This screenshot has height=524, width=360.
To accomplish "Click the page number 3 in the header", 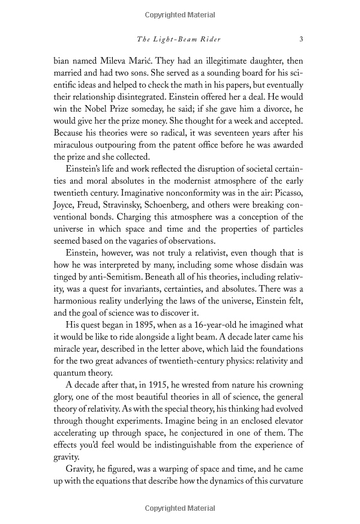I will click(301, 40).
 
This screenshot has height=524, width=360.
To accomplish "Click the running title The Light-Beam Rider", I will click(179, 40).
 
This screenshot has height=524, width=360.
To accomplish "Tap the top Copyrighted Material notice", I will click(180, 14).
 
